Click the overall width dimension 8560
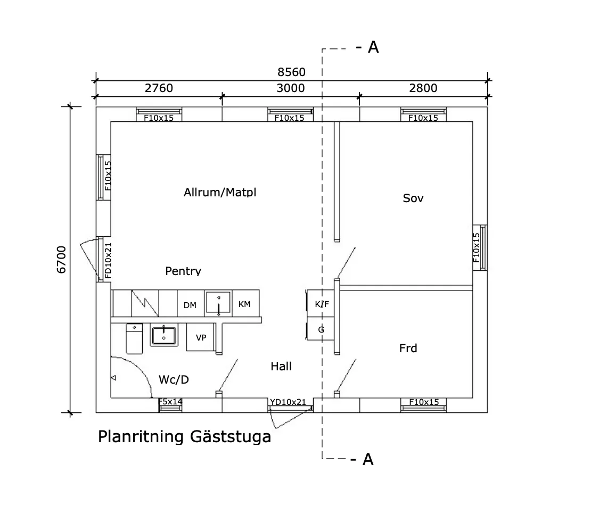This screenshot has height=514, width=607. (291, 72)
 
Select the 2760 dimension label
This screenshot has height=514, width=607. (159, 88)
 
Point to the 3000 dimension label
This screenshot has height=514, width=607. (290, 88)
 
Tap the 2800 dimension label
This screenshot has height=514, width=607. (423, 88)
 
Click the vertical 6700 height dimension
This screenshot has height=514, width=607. (62, 260)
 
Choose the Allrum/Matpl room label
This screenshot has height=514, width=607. (219, 192)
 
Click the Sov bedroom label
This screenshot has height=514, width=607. (413, 198)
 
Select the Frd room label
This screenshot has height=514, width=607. (408, 349)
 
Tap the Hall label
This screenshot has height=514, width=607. (281, 366)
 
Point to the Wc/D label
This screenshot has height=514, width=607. (174, 379)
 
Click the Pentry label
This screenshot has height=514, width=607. (183, 271)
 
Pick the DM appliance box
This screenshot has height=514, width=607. (190, 305)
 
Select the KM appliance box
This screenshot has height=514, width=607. (244, 304)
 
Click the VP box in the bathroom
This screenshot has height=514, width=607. (201, 338)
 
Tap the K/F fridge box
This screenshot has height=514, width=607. (322, 304)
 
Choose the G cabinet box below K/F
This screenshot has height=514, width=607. (321, 329)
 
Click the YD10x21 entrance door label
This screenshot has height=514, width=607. (288, 402)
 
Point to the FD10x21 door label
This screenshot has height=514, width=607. (108, 260)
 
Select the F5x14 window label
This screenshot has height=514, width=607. (170, 402)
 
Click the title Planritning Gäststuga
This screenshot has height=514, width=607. (184, 437)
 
